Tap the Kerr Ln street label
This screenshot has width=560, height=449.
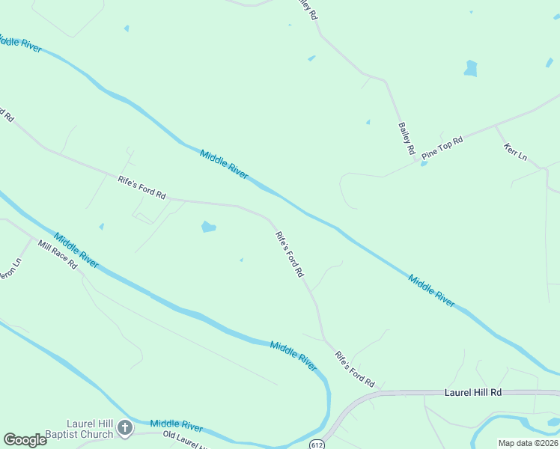pos(516,151)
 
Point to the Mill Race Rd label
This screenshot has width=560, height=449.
pos(58,254)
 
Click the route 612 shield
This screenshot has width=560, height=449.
pos(319,442)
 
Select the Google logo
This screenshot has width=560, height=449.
pos(25,439)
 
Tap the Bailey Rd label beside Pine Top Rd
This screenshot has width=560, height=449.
pos(407,138)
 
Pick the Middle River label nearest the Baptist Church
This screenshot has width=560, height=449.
pos(177,425)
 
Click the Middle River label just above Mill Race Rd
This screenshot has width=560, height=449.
pos(76,249)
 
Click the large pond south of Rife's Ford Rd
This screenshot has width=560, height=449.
pos(209,227)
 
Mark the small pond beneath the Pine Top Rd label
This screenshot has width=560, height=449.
pos(424,163)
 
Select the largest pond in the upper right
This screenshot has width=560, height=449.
pos(470,69)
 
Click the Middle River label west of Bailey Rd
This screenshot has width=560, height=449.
pos(224,163)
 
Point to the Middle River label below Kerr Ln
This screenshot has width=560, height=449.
pos(432,290)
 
